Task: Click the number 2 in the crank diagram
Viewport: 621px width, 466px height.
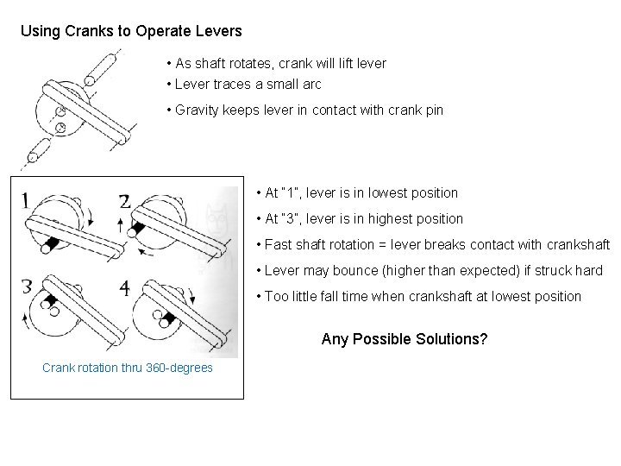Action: [x=124, y=202]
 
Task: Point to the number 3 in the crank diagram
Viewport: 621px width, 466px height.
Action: [x=28, y=287]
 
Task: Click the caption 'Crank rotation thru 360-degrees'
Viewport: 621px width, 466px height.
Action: [x=127, y=368]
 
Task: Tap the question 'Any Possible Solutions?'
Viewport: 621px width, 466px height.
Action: [x=404, y=339]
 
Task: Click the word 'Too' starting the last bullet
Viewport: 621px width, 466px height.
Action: [x=278, y=297]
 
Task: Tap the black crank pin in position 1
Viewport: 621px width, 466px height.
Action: [x=53, y=246]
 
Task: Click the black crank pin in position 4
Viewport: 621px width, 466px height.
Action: [x=169, y=320]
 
